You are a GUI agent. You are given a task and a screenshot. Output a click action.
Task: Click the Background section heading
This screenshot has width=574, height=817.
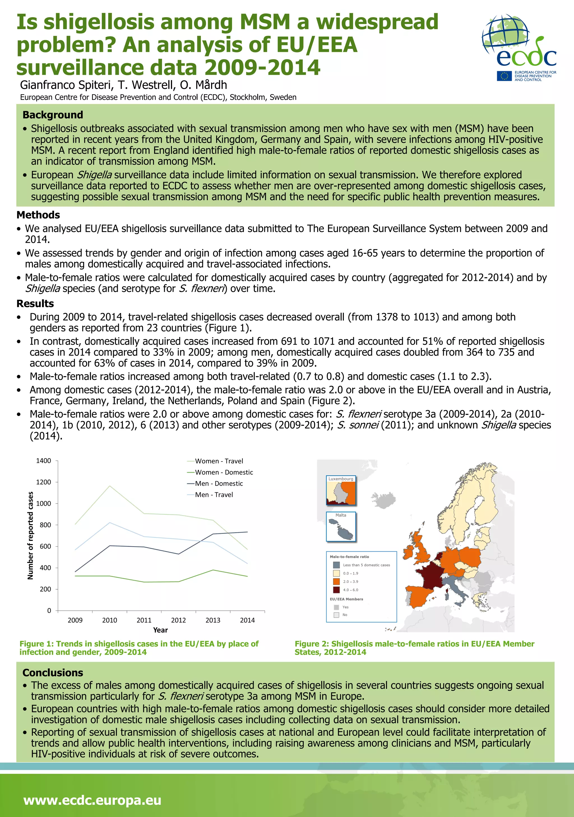53,115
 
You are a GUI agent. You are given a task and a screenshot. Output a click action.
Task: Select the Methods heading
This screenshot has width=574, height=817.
38,215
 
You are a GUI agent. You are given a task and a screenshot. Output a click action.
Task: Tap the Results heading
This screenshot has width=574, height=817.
35,304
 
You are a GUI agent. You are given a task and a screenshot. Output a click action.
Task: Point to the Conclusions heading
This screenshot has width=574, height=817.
53,673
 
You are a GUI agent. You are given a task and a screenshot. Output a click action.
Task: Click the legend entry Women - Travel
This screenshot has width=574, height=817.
219,461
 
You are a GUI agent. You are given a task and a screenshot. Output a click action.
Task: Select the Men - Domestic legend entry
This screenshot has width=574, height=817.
219,484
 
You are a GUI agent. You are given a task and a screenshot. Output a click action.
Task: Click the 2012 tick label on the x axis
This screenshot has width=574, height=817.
178,620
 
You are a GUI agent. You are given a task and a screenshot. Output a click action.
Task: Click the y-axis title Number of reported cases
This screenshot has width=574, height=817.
30,536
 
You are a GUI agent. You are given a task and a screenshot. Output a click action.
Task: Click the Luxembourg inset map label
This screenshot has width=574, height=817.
341,479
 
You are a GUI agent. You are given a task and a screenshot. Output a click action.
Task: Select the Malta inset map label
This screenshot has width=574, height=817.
341,515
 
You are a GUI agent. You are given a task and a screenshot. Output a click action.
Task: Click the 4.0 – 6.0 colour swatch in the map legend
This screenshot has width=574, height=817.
336,590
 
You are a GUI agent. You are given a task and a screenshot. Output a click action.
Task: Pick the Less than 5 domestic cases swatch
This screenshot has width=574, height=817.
336,565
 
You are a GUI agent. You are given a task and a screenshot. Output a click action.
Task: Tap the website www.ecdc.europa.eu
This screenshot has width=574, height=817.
92,800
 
